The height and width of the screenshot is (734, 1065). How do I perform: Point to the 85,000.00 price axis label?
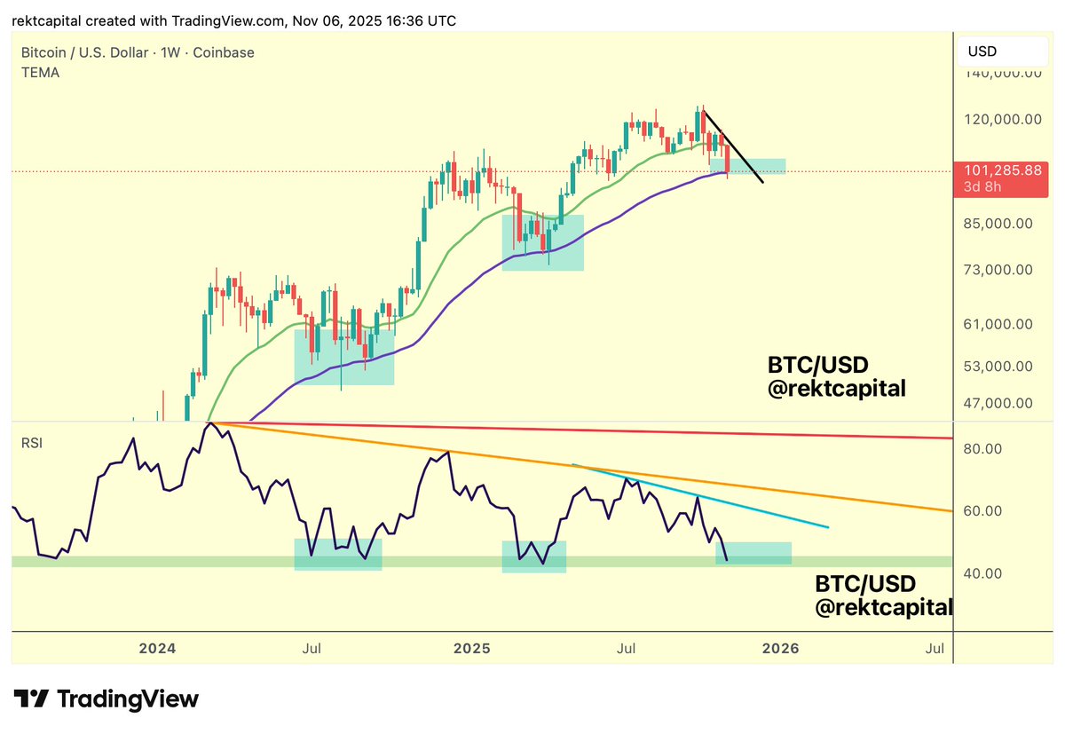tap(998, 223)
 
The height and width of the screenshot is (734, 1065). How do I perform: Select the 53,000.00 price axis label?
tap(998, 366)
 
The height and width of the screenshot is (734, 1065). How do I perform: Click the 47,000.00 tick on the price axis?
tap(998, 403)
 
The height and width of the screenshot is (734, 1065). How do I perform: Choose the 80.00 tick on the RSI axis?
tap(984, 449)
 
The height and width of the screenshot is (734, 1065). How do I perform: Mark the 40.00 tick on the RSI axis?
tap(984, 573)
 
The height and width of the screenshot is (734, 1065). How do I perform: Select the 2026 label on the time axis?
tap(780, 648)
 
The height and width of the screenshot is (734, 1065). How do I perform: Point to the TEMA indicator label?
tap(41, 73)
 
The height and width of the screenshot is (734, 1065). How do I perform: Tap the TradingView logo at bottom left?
tap(106, 698)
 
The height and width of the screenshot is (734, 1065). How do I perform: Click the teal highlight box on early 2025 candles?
tap(543, 241)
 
